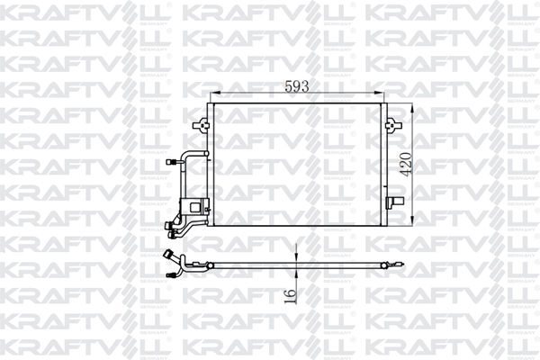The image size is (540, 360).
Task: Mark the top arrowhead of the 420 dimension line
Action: tap(413, 107)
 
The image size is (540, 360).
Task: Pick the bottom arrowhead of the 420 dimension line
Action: tap(413, 221)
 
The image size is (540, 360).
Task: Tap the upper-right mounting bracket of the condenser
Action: tap(392, 124)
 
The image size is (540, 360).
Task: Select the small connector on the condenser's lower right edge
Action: tap(392, 200)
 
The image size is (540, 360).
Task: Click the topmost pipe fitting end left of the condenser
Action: tap(172, 163)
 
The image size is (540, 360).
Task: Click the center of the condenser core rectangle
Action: tap(300, 165)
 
